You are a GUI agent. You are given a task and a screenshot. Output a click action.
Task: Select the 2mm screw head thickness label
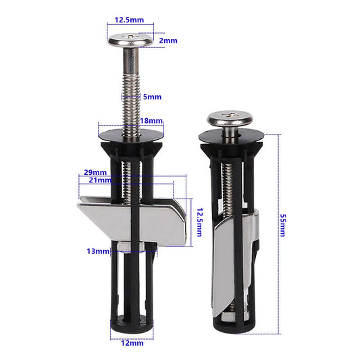point(168,41)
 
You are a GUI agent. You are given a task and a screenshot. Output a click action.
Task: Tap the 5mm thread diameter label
point(153,97)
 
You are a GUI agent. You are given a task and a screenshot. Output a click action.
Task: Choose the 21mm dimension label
point(99,180)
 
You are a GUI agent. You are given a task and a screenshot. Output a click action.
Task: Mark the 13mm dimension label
point(98,251)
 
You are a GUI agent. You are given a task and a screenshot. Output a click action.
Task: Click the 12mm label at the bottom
point(133,343)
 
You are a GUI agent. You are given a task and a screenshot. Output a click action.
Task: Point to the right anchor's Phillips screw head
point(229,119)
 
